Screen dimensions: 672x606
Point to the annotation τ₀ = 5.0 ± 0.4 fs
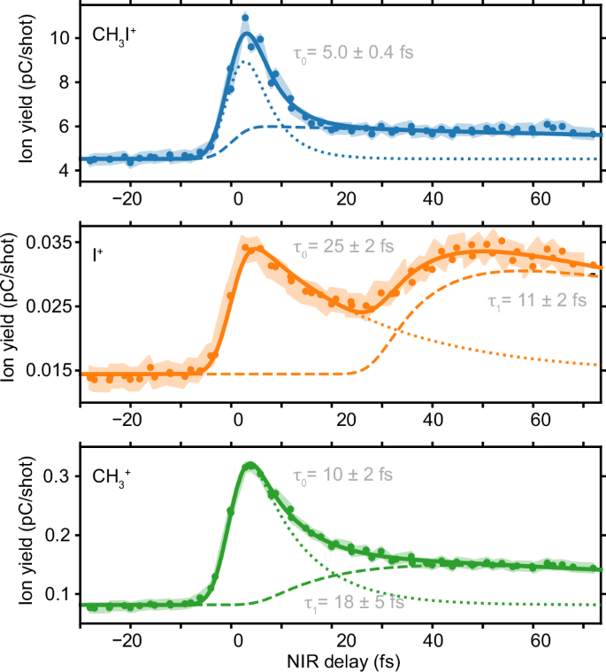point(356,51)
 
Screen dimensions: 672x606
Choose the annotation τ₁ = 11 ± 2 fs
point(537,301)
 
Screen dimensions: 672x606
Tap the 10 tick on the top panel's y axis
point(60,38)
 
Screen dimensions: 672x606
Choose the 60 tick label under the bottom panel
point(535,637)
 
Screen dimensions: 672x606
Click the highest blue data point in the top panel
point(245,18)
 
